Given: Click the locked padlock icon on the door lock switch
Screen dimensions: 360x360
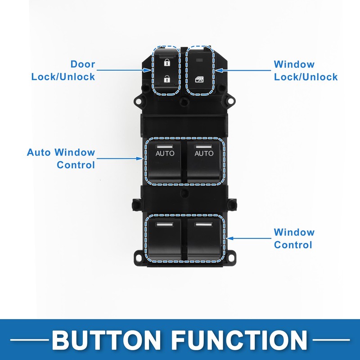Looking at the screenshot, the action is [166, 62].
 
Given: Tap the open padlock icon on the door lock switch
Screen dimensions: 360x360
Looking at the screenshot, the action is [166, 79].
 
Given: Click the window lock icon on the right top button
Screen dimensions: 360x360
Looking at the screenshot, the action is [199, 79].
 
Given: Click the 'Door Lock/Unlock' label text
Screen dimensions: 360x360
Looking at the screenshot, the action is [63, 71].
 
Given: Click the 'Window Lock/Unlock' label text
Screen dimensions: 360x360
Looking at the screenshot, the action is [306, 71].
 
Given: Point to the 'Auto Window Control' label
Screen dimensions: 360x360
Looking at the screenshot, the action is [61, 158].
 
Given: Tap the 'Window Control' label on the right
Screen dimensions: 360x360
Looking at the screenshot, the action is [294, 238].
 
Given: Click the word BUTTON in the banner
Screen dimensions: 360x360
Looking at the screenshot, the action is [106, 340].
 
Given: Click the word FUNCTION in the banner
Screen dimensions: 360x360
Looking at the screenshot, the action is [239, 340].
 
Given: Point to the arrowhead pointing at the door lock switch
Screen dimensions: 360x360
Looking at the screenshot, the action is [147, 70].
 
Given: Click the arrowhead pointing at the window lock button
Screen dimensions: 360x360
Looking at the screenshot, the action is [219, 70].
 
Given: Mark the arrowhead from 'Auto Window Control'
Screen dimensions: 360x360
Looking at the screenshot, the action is [139, 158].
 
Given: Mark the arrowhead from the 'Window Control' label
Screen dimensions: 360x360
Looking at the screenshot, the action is [230, 238].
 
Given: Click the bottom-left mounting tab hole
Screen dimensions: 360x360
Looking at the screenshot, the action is [139, 258].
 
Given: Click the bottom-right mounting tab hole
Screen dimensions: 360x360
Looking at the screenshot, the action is [230, 257].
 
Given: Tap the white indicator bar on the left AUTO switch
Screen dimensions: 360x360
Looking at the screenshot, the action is [164, 147].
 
